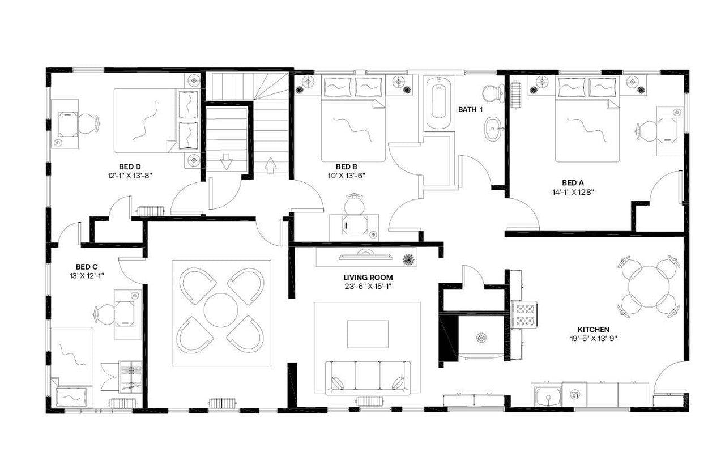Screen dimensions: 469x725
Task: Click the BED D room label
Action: tap(130, 167)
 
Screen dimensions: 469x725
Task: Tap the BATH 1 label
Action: tap(470, 109)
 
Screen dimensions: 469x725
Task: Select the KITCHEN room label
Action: tap(593, 329)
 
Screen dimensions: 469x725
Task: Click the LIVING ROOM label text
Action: tap(368, 278)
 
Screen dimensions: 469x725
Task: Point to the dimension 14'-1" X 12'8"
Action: tap(573, 191)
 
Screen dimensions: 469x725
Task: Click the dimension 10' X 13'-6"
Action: tap(346, 176)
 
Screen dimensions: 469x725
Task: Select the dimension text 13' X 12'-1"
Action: tap(87, 275)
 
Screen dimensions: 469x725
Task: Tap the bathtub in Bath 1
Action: tap(438, 103)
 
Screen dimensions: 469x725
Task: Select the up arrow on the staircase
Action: tap(271, 165)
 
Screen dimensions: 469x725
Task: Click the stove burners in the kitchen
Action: tap(524, 315)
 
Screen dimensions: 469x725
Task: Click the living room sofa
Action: tap(368, 378)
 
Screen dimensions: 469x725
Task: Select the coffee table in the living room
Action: tap(368, 334)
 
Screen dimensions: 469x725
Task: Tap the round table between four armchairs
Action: tap(221, 310)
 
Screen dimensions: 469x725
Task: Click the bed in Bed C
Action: tap(72, 363)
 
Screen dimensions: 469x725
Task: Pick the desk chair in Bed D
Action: tap(87, 123)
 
